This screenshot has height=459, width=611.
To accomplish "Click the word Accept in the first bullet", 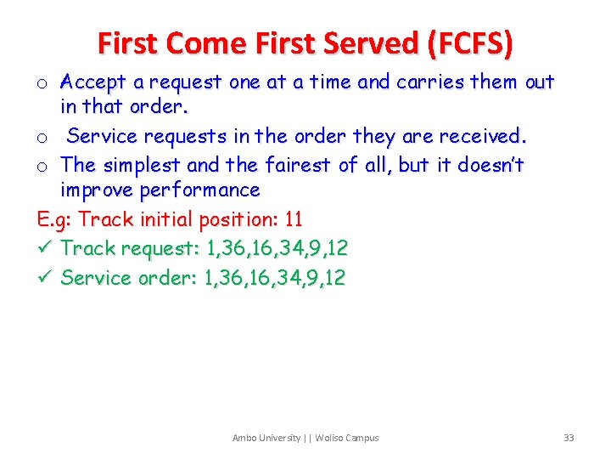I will [92, 82].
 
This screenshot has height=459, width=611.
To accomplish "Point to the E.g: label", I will [55, 219].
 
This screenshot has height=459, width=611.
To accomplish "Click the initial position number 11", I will [294, 219].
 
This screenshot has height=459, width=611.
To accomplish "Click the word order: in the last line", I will [166, 278].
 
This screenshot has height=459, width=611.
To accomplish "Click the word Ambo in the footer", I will [244, 438].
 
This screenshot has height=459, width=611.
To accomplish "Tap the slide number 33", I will [569, 438].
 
